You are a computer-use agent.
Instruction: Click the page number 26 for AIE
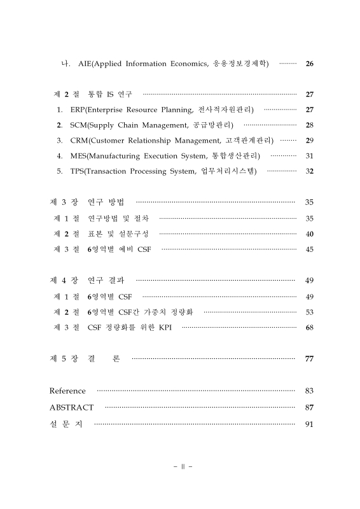click(309, 64)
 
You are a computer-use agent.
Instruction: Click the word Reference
click(67, 391)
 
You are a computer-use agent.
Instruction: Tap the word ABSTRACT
click(71, 407)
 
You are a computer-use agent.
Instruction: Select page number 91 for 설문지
click(309, 424)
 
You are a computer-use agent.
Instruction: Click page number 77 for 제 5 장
click(309, 359)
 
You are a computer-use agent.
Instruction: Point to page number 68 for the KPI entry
click(309, 328)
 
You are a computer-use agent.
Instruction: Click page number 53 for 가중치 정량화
click(309, 312)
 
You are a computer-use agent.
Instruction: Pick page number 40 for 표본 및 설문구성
click(309, 234)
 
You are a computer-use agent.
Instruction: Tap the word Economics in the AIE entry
click(189, 64)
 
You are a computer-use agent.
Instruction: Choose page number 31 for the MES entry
click(309, 156)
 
